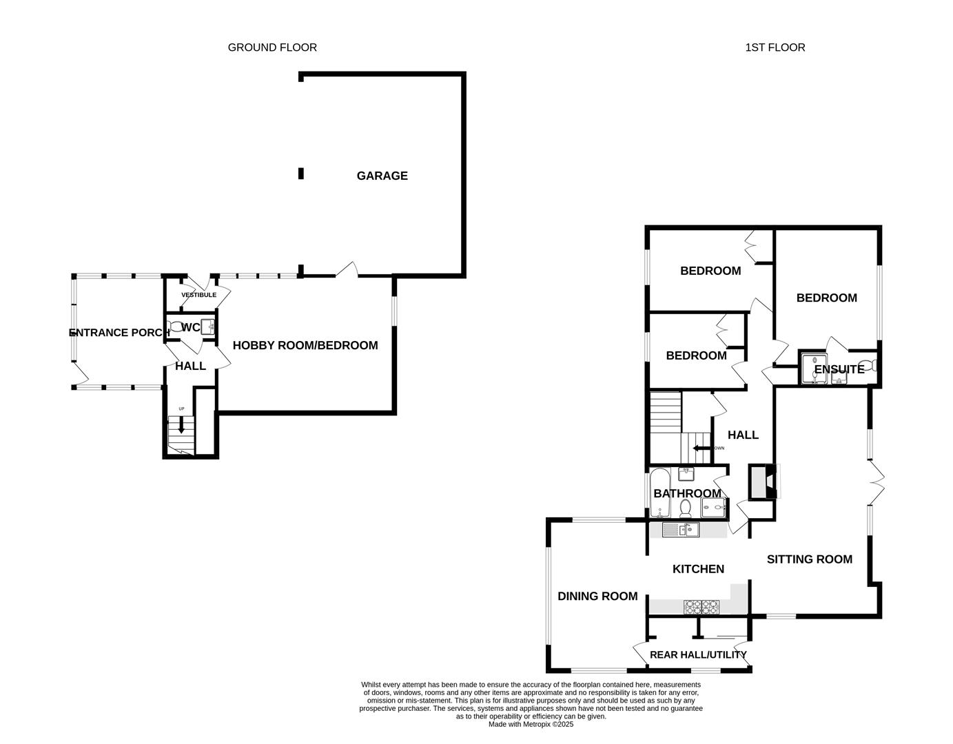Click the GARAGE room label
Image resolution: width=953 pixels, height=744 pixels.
[x=382, y=176]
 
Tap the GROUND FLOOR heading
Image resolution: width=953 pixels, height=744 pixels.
[x=272, y=48]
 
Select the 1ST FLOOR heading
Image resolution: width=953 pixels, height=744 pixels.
[x=775, y=48]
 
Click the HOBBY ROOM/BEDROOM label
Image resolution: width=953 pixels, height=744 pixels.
[x=305, y=345]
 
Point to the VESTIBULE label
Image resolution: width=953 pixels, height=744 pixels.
[x=198, y=295]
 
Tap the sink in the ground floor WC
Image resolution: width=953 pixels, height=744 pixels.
[x=207, y=327]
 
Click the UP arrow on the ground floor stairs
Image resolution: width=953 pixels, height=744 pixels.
[x=181, y=424]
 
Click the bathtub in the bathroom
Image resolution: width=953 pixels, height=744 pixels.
[x=659, y=493]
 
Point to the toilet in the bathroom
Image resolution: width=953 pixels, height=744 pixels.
[x=685, y=508]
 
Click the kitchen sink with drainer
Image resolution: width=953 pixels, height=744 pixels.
[x=680, y=530]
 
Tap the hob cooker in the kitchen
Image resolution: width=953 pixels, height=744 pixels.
[x=701, y=607]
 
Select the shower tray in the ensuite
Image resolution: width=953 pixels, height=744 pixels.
[x=814, y=369]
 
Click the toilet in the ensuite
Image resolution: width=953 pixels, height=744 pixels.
[x=868, y=365]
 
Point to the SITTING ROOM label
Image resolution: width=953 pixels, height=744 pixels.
[x=810, y=559]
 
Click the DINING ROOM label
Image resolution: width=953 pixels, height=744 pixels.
[x=597, y=597]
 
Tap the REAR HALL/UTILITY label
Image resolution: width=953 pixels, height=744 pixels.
[x=698, y=654]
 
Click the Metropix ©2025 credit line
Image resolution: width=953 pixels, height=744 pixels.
[x=531, y=725]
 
